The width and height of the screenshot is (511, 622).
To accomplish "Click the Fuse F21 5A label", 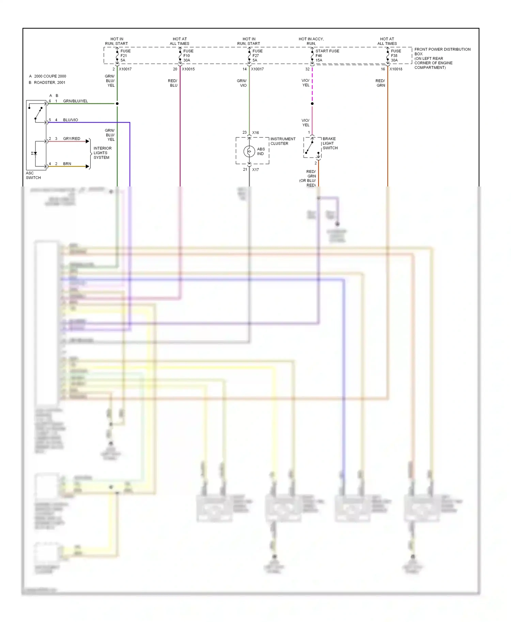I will point(125,55).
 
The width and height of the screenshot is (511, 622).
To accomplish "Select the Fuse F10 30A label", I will point(188,55).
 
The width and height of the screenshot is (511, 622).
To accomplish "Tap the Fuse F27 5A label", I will point(257,55).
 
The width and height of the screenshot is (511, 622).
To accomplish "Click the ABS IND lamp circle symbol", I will point(249,151).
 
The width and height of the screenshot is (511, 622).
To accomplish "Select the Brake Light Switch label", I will point(330,143).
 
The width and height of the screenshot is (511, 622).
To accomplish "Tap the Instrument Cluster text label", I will point(283,141).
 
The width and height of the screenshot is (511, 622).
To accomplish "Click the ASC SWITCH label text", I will point(33,175).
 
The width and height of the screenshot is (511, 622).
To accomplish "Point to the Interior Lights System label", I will point(102,153).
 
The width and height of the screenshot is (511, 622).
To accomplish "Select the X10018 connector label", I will point(396,69).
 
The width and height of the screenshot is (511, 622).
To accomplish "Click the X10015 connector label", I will point(188,69).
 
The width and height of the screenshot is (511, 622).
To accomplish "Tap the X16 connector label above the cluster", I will point(255,133).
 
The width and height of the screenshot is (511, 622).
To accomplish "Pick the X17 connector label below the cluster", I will point(255,169).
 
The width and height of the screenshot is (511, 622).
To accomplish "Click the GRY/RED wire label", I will point(72,138).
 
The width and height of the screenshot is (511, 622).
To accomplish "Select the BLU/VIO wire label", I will point(71,120).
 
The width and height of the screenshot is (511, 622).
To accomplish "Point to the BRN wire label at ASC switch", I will point(67,164).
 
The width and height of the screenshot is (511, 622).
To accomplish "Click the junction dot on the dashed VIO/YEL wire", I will point(312,103).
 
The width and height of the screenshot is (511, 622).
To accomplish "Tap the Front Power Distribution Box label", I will point(442,58).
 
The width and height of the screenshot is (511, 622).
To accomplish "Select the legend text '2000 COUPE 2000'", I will point(50,76).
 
